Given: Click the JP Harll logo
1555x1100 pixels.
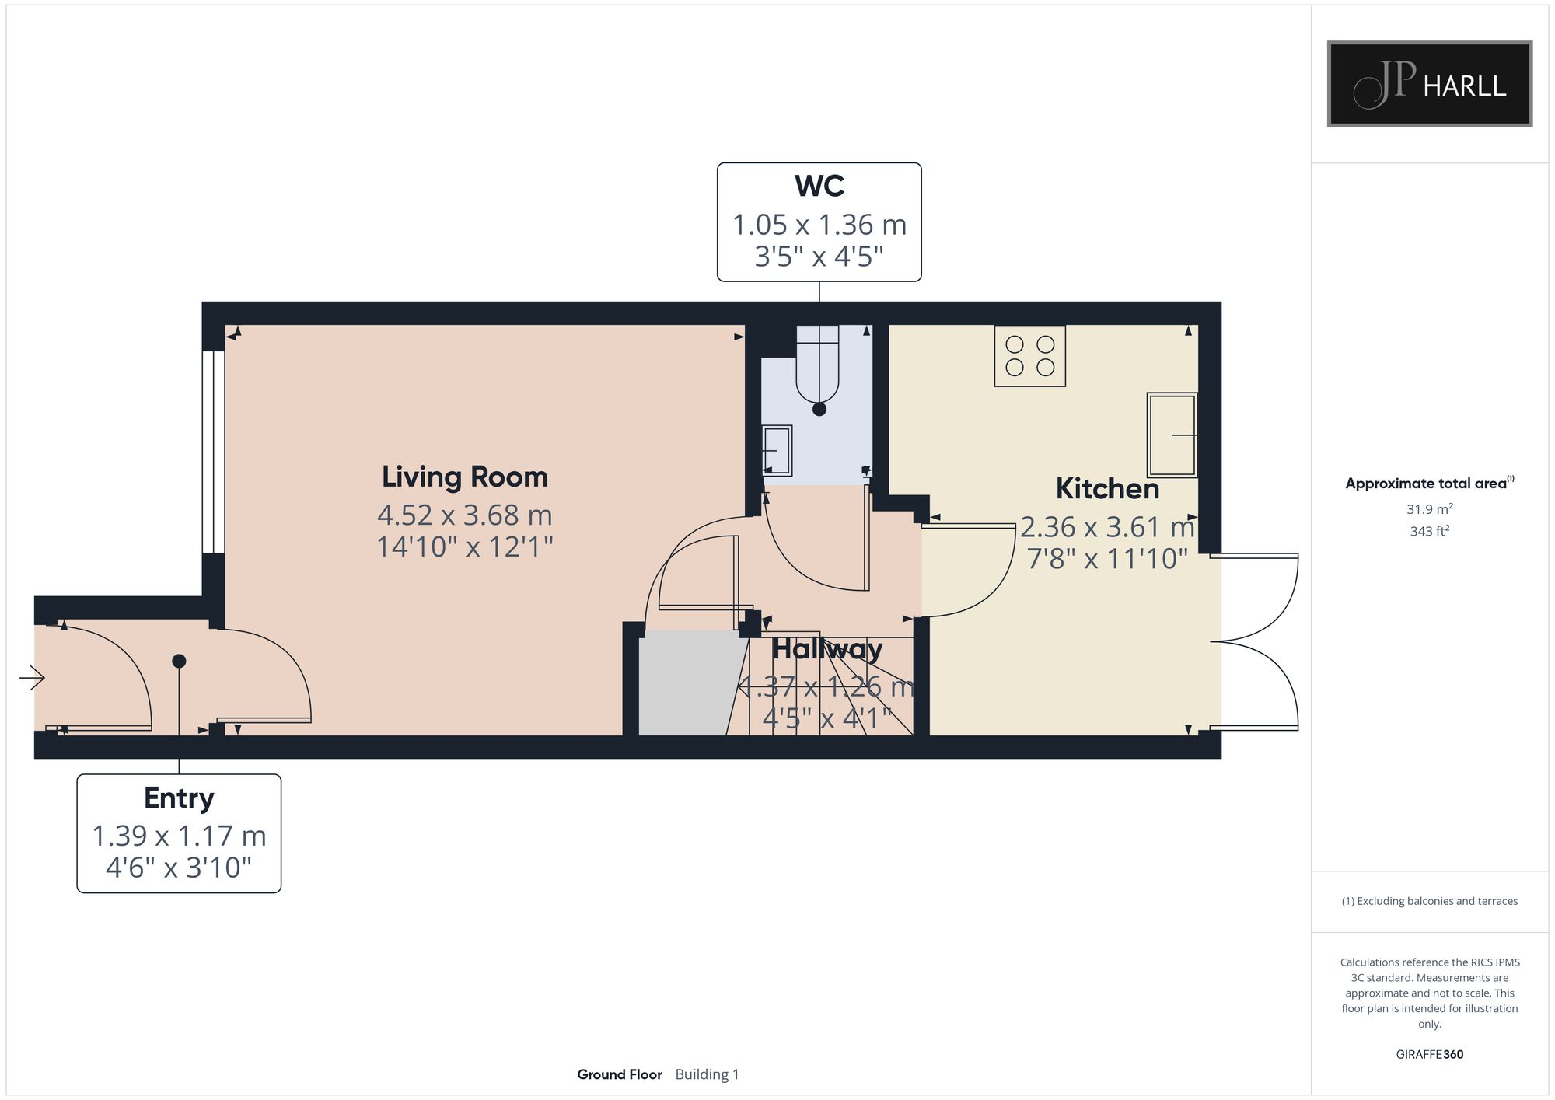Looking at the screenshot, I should click(x=1429, y=84).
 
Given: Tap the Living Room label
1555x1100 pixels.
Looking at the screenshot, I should click(x=464, y=477).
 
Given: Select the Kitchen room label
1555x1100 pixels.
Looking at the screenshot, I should click(x=1107, y=489).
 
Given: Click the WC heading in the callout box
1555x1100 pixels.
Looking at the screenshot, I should click(x=819, y=187).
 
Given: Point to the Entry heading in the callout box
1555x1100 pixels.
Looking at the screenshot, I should click(x=179, y=798).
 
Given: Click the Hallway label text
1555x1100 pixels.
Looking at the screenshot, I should click(x=827, y=649).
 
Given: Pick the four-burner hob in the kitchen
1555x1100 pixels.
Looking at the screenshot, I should click(x=1029, y=355).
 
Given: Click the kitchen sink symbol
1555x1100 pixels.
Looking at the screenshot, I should click(x=1172, y=435).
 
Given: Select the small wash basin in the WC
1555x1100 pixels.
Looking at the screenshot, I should click(x=777, y=450).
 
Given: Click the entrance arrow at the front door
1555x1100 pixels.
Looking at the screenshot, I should click(x=32, y=678).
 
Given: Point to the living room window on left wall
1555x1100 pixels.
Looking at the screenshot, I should click(x=213, y=452).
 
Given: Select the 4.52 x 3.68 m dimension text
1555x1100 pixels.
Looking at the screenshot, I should click(x=464, y=515).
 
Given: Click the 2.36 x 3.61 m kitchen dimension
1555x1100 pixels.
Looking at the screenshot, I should click(x=1107, y=528).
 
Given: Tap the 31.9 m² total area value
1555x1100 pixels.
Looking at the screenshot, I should click(x=1429, y=509).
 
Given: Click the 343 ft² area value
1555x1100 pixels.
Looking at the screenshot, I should click(x=1429, y=531).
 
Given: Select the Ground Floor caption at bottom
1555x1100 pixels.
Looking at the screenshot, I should click(x=619, y=1074).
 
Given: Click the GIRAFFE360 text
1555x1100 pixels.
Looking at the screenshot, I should click(x=1429, y=1054).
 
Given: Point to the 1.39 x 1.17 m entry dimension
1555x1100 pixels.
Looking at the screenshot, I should click(x=179, y=836).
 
